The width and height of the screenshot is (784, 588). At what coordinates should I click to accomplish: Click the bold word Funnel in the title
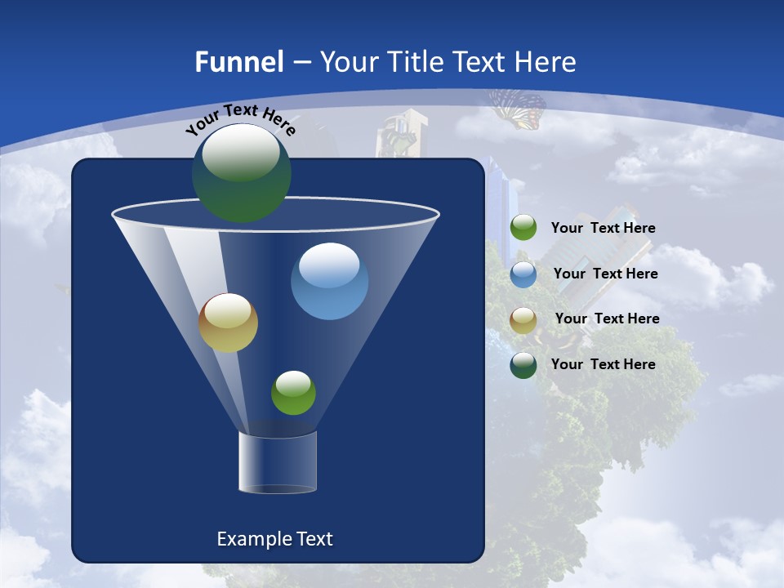tap(238, 62)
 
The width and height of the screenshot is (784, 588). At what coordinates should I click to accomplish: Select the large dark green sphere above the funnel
tap(242, 173)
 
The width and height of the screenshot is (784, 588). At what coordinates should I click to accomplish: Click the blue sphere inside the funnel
tap(329, 281)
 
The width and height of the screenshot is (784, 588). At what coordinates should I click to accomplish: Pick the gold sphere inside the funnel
tap(228, 323)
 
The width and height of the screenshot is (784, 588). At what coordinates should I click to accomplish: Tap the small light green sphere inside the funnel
tap(293, 393)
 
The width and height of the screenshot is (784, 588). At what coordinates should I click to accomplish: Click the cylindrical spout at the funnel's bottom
tap(278, 462)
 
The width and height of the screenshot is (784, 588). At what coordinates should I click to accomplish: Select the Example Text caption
tap(274, 539)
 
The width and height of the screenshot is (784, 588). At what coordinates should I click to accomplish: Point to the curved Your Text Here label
tap(241, 119)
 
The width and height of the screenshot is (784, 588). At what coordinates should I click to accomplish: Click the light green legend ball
tap(523, 228)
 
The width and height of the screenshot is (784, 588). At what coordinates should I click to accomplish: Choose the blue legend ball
tap(523, 274)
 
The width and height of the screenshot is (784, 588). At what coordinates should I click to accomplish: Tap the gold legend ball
tap(523, 319)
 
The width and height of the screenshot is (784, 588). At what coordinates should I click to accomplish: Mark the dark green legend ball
tap(523, 365)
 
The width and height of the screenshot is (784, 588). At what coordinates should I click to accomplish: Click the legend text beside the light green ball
tap(603, 228)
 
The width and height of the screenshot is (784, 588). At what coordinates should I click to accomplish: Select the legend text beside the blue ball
tap(605, 274)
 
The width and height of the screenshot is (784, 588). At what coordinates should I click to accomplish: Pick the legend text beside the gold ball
tap(607, 318)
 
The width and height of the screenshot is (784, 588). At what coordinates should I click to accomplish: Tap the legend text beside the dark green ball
tap(603, 364)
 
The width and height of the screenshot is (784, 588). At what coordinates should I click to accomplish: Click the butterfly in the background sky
tap(518, 109)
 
